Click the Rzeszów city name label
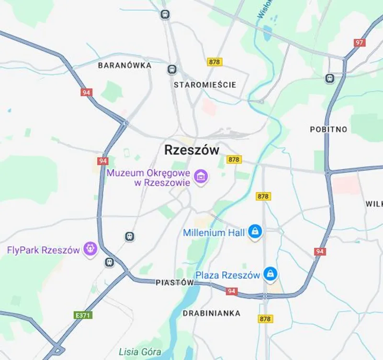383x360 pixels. (x=191, y=150)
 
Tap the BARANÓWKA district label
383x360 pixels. (x=124, y=65)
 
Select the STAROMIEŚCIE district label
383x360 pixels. (x=205, y=85)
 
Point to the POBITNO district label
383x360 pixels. (x=328, y=129)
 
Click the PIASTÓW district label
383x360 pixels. (x=175, y=283)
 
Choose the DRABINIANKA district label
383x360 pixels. (x=211, y=313)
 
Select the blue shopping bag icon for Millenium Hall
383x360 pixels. (x=255, y=232)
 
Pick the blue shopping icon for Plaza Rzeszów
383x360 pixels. (x=271, y=275)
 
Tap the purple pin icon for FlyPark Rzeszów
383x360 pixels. (x=90, y=249)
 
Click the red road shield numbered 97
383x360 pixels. (x=360, y=43)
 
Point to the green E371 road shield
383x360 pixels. (x=83, y=315)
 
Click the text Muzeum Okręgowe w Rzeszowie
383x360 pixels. (x=148, y=177)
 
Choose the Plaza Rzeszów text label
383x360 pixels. (x=228, y=275)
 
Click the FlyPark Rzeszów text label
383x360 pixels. (x=43, y=250)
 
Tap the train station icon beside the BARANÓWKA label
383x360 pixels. (x=172, y=70)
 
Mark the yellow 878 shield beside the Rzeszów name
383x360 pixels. (x=234, y=159)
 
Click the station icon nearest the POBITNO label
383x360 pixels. (x=330, y=78)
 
